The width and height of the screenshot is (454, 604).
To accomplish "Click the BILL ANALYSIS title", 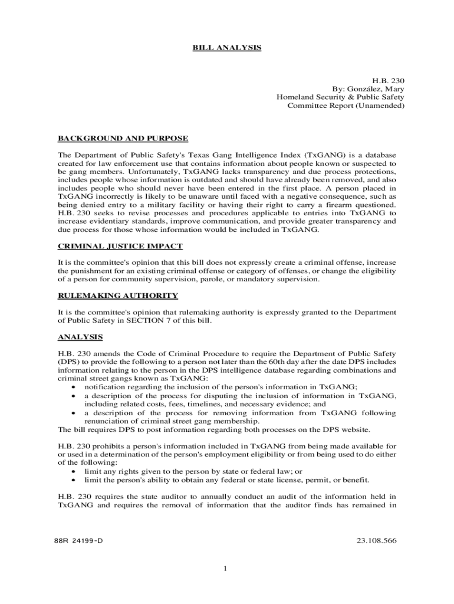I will pyautogui.click(x=227, y=47).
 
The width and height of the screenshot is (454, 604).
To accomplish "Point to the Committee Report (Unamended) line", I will pyautogui.click(x=346, y=106).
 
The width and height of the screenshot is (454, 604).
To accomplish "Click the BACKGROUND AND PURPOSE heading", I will pyautogui.click(x=123, y=139).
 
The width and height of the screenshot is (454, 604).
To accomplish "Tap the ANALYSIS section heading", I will pyautogui.click(x=80, y=337).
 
